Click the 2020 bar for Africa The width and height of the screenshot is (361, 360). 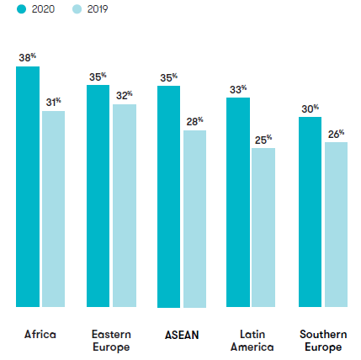28,187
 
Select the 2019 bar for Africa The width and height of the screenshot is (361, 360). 53,209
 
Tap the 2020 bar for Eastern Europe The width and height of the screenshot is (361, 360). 98,196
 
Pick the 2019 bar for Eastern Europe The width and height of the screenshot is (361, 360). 124,205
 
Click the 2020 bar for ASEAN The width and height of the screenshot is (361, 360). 168,196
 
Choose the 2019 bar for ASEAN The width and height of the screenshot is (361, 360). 194,219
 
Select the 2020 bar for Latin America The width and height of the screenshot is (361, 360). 238,202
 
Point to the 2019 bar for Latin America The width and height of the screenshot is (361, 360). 263,228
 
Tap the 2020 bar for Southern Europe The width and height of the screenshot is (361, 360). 310,212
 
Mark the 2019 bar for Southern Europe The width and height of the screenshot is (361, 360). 336,225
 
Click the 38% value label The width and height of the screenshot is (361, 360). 28,57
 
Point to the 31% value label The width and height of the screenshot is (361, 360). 53,102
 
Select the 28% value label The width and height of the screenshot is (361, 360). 194,121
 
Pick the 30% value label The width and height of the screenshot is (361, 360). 310,108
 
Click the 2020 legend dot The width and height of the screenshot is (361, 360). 20,10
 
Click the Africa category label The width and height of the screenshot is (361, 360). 40,334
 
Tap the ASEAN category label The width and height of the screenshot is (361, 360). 182,334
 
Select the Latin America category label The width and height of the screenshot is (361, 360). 252,340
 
